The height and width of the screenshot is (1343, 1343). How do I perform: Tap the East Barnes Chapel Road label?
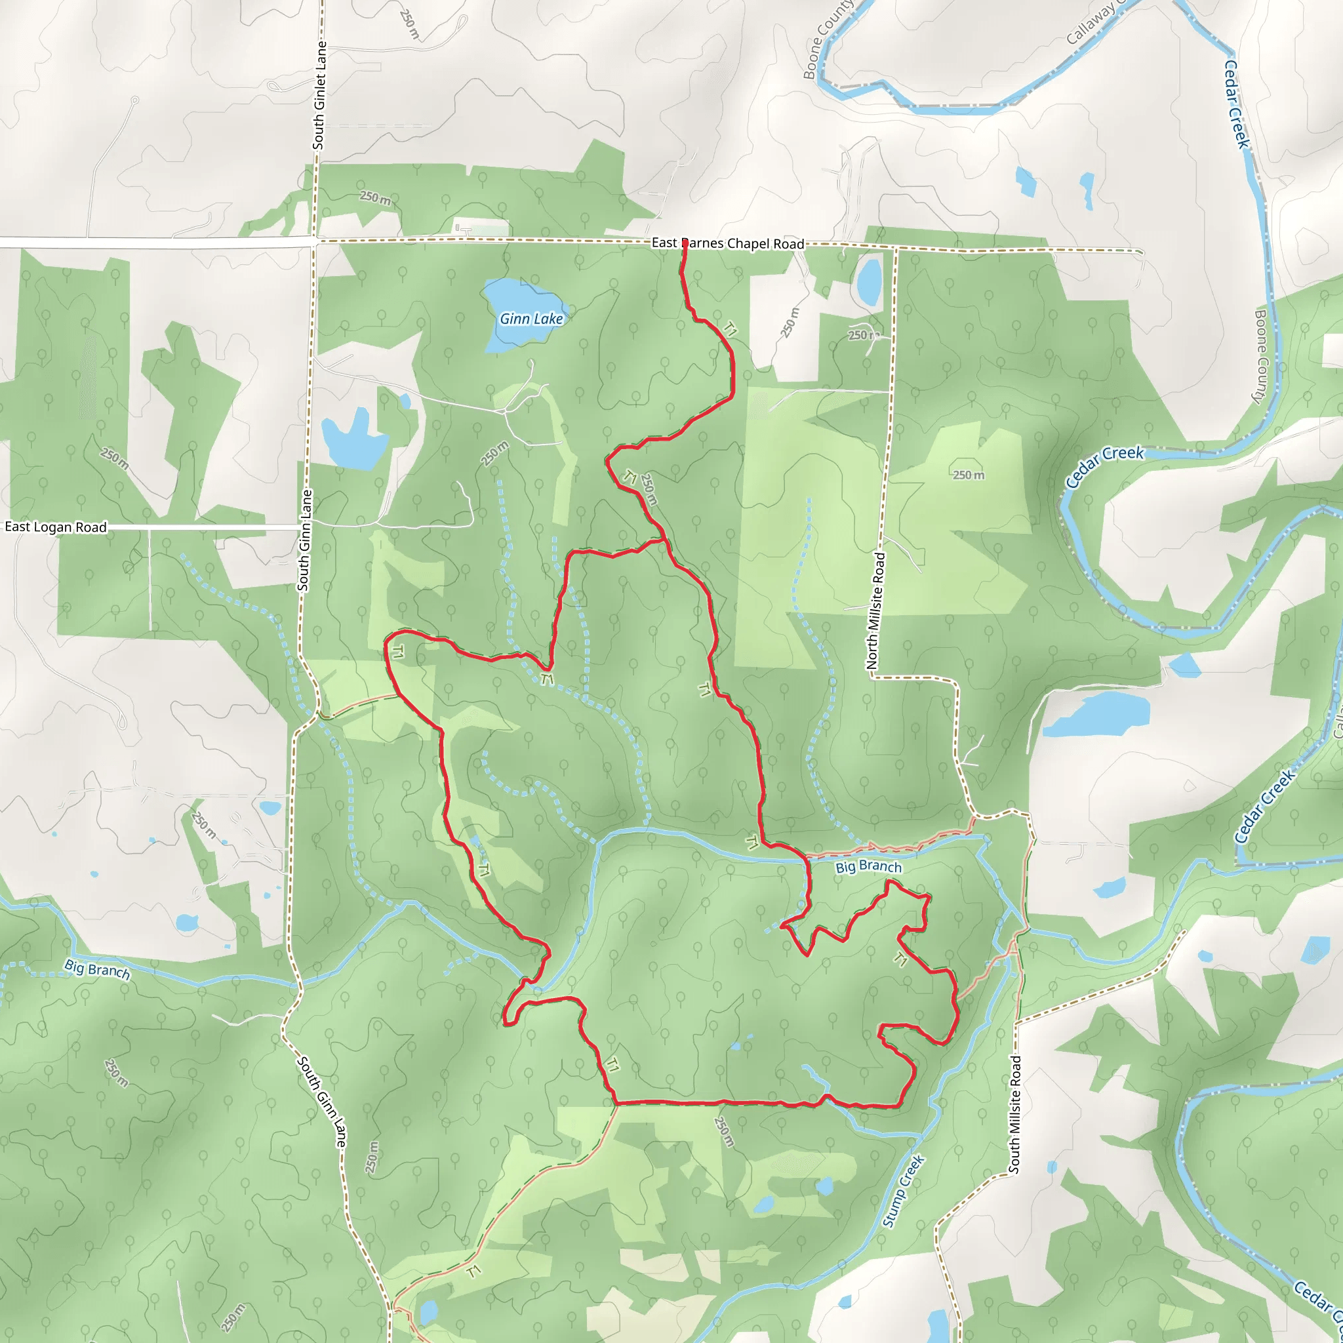point(727,243)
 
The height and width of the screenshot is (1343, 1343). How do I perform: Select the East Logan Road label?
point(56,527)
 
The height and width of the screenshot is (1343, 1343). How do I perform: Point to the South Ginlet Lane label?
point(319,95)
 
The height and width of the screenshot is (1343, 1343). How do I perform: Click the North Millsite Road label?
point(876,611)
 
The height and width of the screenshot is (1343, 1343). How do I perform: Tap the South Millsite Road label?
point(1015,1115)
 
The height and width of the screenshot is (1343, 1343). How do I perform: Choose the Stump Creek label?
point(904,1191)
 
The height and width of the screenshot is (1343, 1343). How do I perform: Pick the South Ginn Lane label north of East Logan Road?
point(304,541)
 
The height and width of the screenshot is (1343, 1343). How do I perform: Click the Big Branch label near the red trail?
point(868,866)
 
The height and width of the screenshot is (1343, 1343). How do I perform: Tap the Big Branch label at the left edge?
point(97,969)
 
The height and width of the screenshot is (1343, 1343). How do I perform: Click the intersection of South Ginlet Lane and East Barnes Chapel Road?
point(316,241)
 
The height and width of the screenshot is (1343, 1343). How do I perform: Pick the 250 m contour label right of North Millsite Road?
point(969,475)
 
